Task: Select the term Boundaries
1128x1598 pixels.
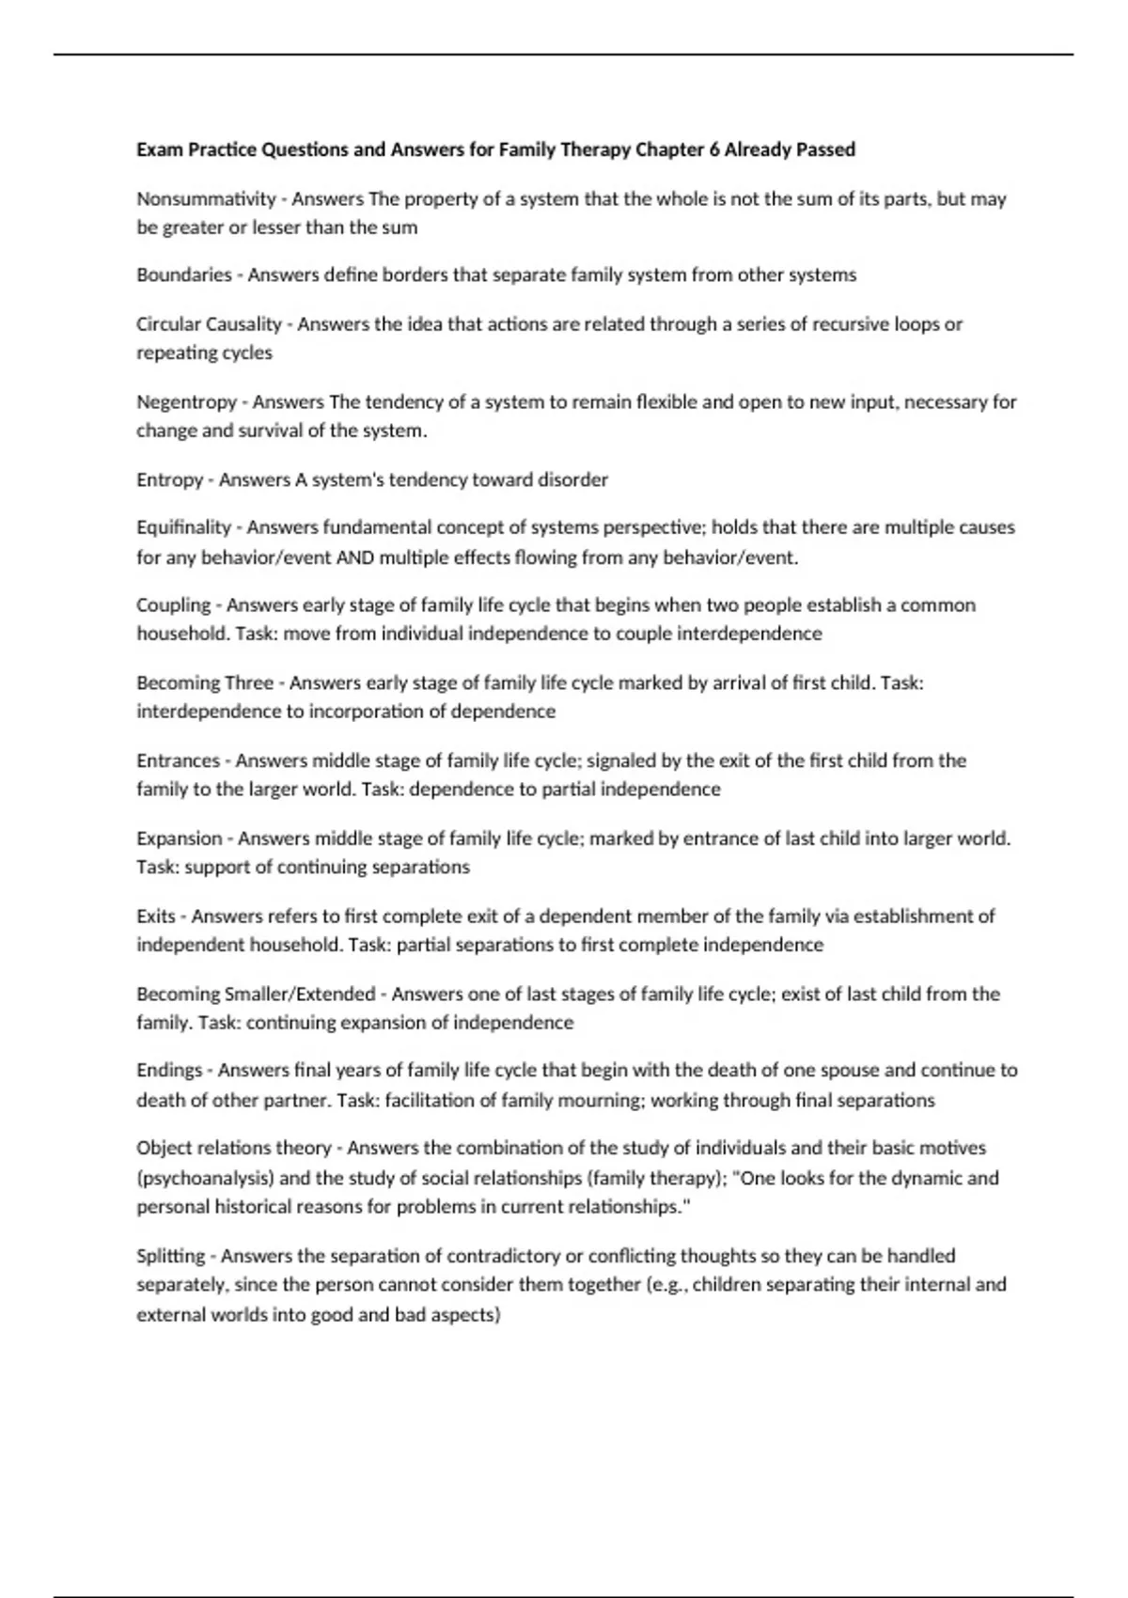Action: (183, 274)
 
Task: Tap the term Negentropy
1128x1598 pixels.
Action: (186, 402)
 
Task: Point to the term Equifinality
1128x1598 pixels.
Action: (183, 527)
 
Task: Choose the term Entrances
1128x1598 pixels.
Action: (178, 760)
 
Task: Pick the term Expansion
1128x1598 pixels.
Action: (179, 838)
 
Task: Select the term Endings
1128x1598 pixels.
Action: (169, 1070)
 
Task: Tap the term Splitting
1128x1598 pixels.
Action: (170, 1256)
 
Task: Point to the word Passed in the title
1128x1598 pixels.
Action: (825, 149)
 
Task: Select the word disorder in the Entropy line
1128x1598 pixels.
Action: (572, 479)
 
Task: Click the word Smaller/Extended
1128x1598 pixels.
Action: (299, 994)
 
